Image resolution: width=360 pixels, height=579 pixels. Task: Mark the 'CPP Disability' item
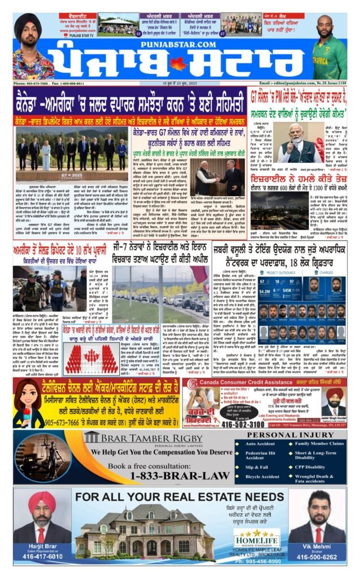tap(310, 468)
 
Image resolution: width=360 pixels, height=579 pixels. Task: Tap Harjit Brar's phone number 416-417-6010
tap(43, 556)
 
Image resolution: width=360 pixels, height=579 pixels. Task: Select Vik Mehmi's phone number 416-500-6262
tap(317, 556)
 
